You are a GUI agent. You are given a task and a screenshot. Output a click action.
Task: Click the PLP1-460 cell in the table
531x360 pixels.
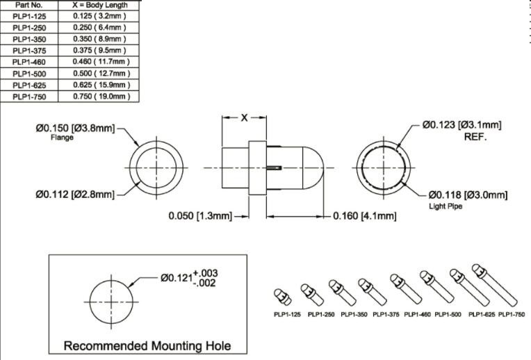29,62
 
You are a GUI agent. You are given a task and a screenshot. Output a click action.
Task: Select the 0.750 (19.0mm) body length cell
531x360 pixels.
101,96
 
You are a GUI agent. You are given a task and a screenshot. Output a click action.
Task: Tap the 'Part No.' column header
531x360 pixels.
29,5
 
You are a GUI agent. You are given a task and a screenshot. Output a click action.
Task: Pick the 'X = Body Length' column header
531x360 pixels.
101,5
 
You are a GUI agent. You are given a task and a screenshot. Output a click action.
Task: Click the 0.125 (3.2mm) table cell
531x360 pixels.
101,16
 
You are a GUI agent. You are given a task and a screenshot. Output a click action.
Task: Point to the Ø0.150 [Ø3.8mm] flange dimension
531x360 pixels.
75,128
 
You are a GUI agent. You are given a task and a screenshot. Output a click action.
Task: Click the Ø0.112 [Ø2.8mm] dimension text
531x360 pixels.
75,194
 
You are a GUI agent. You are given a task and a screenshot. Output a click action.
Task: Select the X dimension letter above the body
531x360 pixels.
244,118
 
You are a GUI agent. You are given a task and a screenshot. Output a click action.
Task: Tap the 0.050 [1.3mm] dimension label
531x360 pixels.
200,216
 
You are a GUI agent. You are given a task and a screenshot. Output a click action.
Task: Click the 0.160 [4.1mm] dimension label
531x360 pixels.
364,216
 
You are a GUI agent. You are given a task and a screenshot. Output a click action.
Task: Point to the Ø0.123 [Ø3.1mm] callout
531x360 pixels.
461,125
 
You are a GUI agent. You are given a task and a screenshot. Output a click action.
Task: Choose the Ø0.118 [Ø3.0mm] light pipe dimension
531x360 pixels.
468,194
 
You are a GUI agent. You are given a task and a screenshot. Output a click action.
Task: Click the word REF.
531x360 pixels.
476,137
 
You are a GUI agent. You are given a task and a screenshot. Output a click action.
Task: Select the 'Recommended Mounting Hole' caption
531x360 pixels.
147,345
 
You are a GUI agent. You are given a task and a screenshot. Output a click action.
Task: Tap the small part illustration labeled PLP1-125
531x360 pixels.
282,297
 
